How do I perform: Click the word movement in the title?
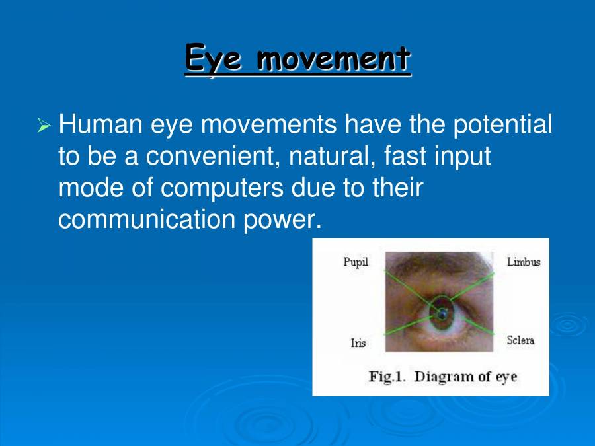pyautogui.click(x=333, y=58)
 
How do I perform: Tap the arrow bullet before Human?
pyautogui.click(x=44, y=125)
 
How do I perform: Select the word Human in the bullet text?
pyautogui.click(x=100, y=124)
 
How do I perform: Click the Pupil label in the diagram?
pyautogui.click(x=355, y=262)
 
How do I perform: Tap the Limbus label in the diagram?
pyautogui.click(x=523, y=262)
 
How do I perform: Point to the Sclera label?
pyautogui.click(x=520, y=340)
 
